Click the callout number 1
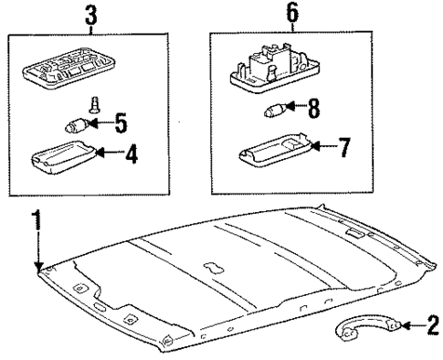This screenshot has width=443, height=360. (37, 219)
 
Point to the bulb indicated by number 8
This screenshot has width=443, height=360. (272, 112)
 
